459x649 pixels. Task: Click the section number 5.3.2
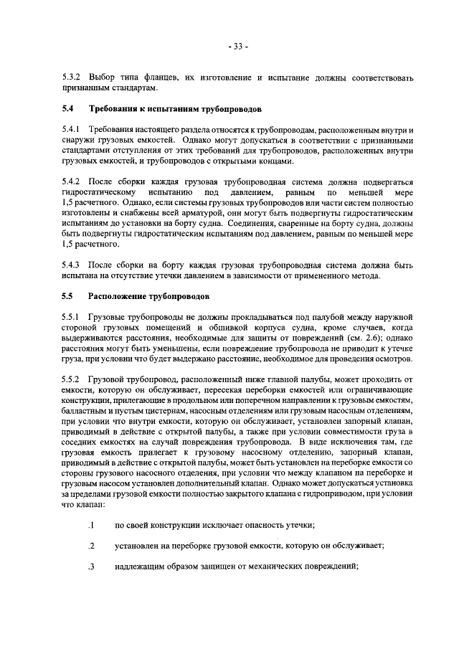tap(72, 77)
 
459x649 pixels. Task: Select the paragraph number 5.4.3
tap(72, 265)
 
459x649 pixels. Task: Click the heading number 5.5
tap(67, 297)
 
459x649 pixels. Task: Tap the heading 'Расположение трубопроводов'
tap(147, 297)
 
